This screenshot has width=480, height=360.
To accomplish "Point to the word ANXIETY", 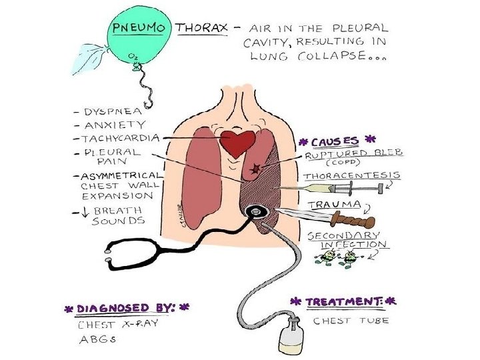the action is tap(117, 125).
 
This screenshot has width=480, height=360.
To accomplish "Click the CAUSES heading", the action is tap(336, 141).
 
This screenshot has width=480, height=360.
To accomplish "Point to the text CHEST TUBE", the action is tap(351, 321).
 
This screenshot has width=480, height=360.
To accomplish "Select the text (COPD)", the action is tap(349, 163).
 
